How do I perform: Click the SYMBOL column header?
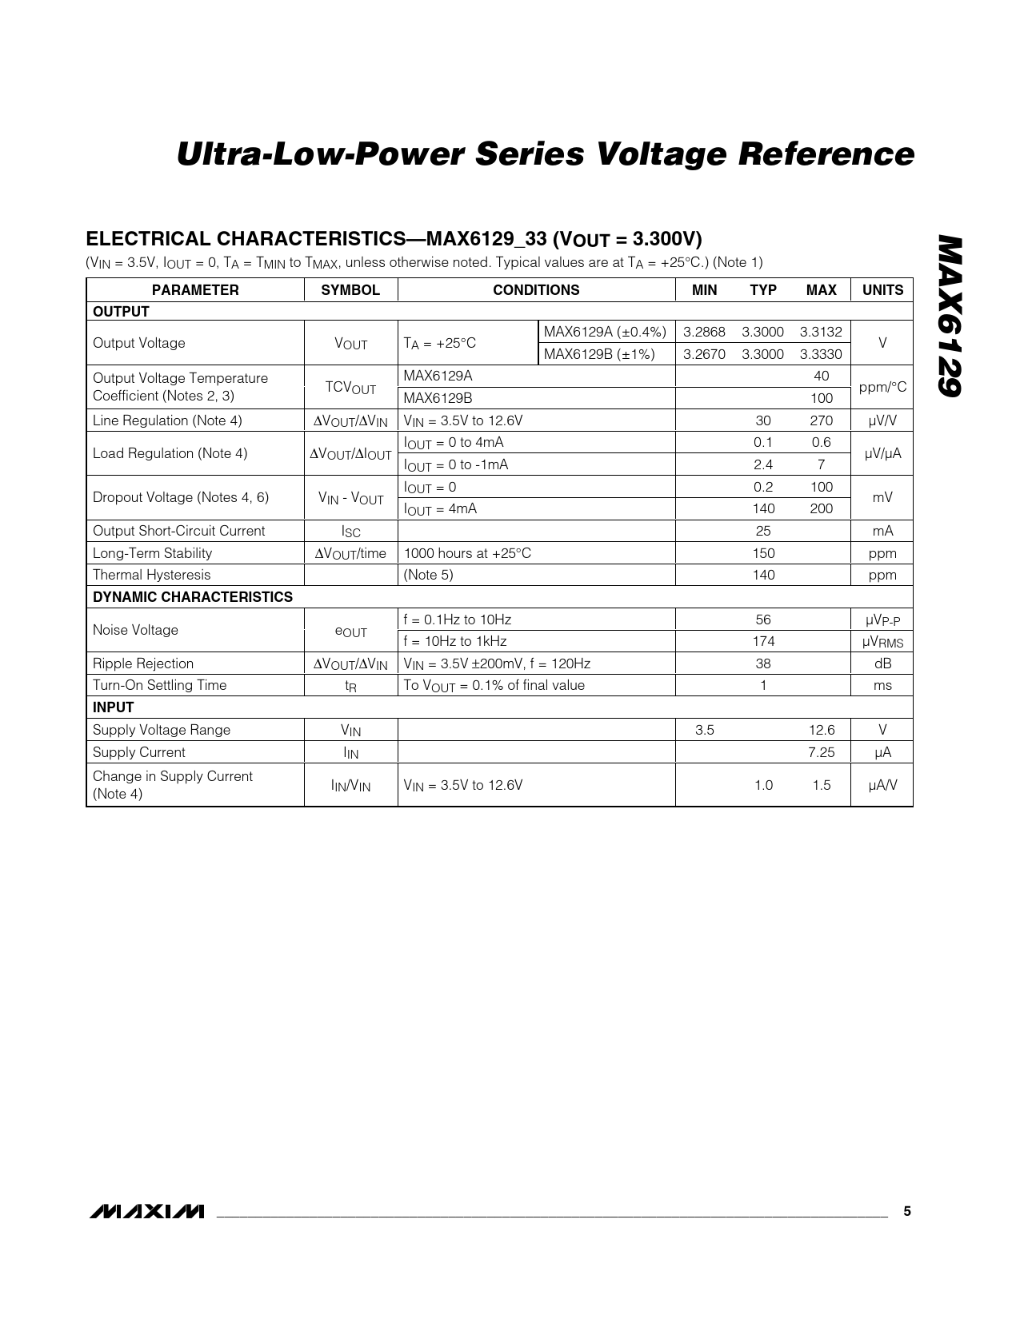pyautogui.click(x=350, y=290)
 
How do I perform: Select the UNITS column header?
pyautogui.click(x=882, y=290)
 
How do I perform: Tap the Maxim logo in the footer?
pyautogui.click(x=147, y=1212)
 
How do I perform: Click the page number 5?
pyautogui.click(x=907, y=1211)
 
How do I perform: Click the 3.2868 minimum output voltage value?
pyautogui.click(x=704, y=332)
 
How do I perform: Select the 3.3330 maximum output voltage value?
pyautogui.click(x=821, y=354)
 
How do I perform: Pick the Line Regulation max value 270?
pyautogui.click(x=821, y=420)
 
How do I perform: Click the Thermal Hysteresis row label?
pyautogui.click(x=152, y=575)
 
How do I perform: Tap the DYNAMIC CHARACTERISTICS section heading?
pyautogui.click(x=193, y=597)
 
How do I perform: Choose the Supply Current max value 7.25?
pyautogui.click(x=821, y=752)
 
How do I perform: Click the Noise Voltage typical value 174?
pyautogui.click(x=763, y=641)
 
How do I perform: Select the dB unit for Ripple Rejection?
pyautogui.click(x=882, y=663)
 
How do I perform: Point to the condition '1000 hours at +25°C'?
pyautogui.click(x=467, y=553)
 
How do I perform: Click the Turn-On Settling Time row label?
pyautogui.click(x=160, y=685)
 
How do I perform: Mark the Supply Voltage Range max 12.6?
pyautogui.click(x=821, y=730)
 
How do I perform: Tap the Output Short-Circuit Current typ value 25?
pyautogui.click(x=763, y=531)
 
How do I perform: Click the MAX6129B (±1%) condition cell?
pyautogui.click(x=599, y=354)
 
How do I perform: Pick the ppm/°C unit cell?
pyautogui.click(x=882, y=387)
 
